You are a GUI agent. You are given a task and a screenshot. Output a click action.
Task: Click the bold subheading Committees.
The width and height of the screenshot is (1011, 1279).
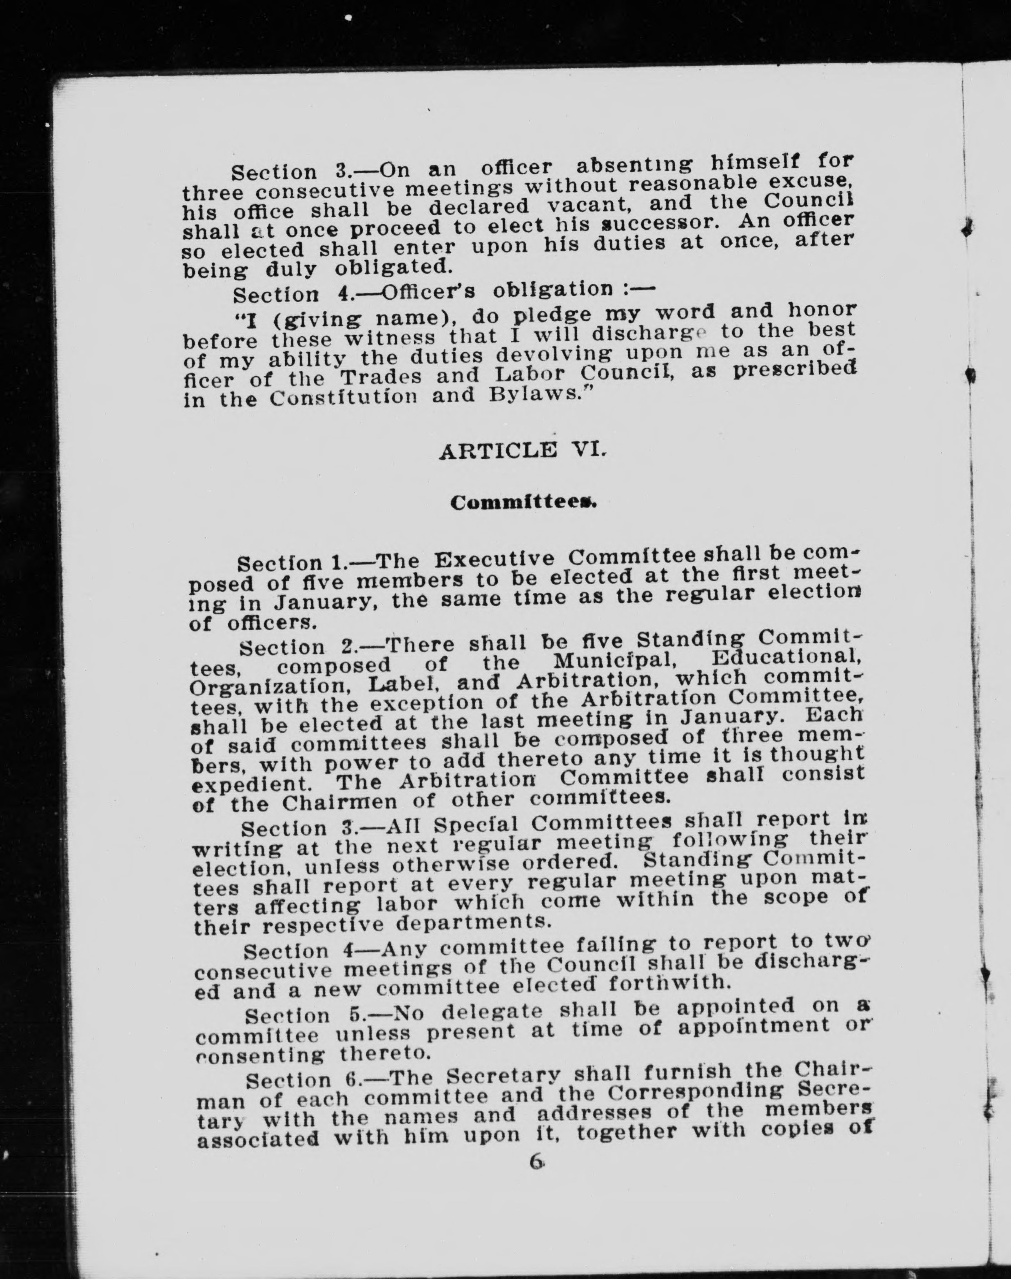pyautogui.click(x=522, y=503)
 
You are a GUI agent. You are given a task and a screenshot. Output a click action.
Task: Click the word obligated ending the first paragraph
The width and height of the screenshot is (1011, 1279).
pyautogui.click(x=393, y=268)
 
